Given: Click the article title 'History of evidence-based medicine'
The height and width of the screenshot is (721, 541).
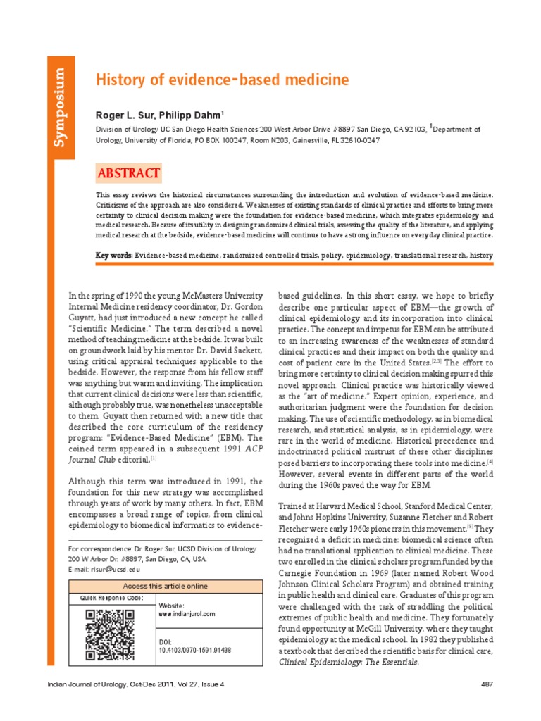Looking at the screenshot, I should point(222,80).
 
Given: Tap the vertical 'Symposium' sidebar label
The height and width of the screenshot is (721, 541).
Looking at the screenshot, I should point(62,106).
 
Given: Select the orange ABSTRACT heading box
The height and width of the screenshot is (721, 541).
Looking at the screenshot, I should point(128,173).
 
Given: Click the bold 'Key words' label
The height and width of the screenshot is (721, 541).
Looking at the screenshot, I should point(113,254).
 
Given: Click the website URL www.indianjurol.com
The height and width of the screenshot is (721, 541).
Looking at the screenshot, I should point(187,614).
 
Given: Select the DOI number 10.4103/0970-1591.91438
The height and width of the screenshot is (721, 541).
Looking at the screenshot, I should point(195,650).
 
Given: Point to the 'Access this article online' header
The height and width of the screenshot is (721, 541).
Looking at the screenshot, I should point(166,586).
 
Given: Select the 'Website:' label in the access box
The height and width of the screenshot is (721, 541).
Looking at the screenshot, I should point(172,605).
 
